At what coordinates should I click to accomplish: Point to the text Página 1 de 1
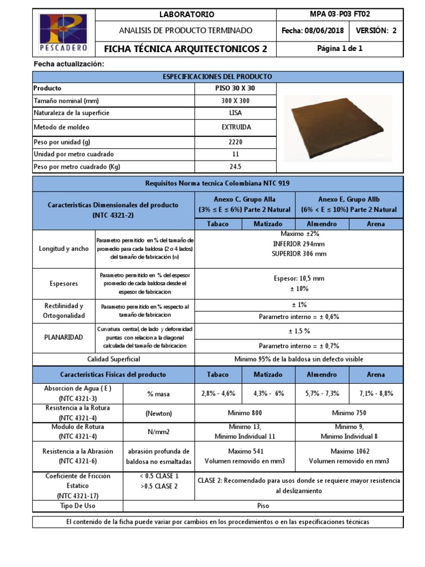[340, 49]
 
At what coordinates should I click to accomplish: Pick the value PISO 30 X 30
[236, 88]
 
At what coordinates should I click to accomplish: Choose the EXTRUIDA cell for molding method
[236, 127]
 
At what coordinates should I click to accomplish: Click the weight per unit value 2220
[236, 141]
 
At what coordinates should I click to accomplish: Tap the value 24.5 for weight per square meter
[236, 166]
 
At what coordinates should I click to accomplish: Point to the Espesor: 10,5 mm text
[299, 279]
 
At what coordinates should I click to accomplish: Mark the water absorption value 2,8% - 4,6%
[218, 393]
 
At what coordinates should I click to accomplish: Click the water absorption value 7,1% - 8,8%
[376, 393]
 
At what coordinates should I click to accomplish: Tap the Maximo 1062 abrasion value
[349, 451]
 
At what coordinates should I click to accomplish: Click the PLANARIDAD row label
[64, 337]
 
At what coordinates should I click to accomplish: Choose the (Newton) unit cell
[159, 413]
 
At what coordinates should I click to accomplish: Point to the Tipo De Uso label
[77, 506]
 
